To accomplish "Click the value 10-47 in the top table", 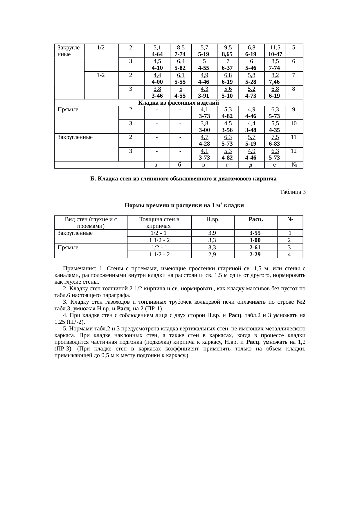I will tap(275, 54).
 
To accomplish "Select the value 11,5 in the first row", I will tap(275, 48).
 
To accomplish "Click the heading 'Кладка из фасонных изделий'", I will tap(178, 103).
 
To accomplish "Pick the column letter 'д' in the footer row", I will tap(251, 165).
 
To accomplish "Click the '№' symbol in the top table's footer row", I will tap(294, 165).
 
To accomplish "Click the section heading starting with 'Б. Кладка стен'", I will tap(183, 178).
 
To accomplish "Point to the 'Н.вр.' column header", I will tap(213, 220).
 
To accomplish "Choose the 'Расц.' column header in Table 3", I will tap(256, 220).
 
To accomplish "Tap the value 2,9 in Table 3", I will tap(213, 255).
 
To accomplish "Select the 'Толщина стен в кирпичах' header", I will tap(159, 223).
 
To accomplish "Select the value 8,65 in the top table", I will tap(228, 54).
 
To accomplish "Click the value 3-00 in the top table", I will tap(204, 130).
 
